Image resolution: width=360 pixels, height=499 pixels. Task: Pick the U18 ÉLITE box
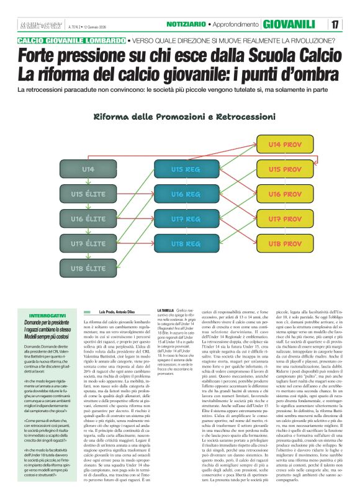click(88, 268)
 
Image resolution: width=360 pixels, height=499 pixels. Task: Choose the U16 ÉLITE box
click(88, 218)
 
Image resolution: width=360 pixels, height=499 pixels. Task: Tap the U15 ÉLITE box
click(88, 194)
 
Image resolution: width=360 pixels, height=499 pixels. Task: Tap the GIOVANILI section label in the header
click(289, 25)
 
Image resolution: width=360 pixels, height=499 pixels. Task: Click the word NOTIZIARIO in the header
click(186, 24)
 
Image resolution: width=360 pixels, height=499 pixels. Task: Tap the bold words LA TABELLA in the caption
click(166, 310)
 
